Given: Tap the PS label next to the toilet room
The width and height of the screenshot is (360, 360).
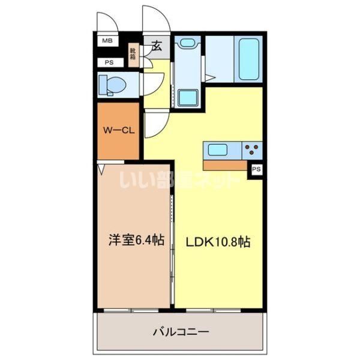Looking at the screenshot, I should (109, 62).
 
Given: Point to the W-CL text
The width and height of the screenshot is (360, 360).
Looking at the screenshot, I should (118, 129).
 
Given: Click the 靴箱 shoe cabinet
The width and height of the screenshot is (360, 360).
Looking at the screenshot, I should (133, 55).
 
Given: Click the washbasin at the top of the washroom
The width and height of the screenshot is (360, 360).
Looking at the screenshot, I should (188, 44).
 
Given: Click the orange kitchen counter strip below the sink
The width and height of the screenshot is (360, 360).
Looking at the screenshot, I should (225, 164).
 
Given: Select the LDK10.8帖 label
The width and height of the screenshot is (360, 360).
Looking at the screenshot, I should (217, 242).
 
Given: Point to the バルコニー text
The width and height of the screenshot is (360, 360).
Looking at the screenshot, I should (181, 331).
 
